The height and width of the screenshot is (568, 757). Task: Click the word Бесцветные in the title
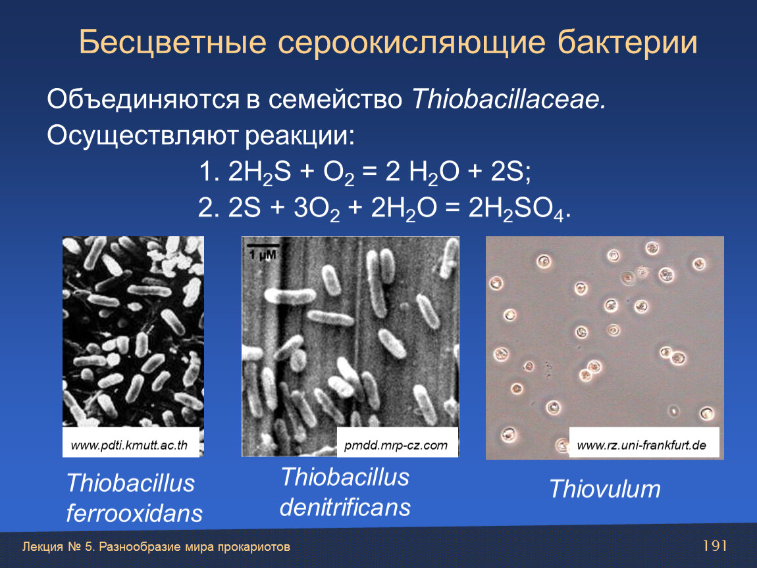tap(172, 42)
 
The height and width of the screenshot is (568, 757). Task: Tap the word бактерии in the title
tap(627, 43)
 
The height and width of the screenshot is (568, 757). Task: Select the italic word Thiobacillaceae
tap(509, 99)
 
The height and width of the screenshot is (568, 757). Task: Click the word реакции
tap(300, 135)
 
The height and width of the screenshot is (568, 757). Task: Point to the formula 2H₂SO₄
tap(516, 209)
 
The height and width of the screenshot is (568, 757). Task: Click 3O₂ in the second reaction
tap(317, 209)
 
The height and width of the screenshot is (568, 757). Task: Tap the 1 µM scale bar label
tap(263, 254)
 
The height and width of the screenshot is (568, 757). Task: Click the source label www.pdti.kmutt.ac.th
tap(130, 445)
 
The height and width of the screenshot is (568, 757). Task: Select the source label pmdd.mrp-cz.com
tap(396, 445)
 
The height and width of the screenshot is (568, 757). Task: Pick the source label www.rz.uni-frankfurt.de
tap(642, 445)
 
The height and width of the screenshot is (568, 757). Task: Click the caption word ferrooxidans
tap(134, 513)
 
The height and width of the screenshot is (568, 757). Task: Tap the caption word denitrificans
tap(345, 508)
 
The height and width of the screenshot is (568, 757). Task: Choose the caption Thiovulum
tap(605, 489)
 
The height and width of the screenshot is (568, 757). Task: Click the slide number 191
tap(715, 546)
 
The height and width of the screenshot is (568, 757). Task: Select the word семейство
tap(336, 99)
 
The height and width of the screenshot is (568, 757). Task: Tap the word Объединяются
tap(143, 100)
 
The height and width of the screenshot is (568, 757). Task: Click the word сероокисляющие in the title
tap(412, 43)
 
